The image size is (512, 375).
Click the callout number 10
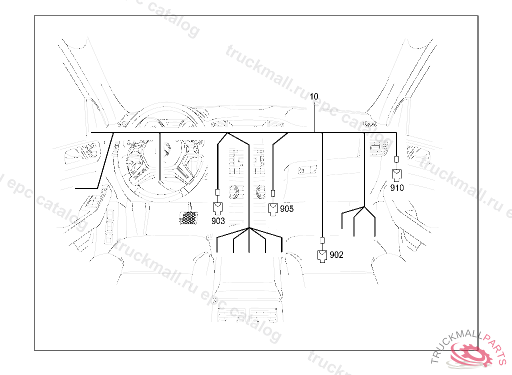(313, 96)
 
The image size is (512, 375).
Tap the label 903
(218, 221)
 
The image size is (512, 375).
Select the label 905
(286, 208)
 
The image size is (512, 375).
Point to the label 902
(336, 255)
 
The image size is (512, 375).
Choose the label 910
(396, 188)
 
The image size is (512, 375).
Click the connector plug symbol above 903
(217, 208)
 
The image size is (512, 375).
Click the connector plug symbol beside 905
(273, 209)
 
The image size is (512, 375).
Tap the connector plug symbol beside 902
(322, 256)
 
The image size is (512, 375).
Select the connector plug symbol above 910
(396, 175)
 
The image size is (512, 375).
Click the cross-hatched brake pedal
(188, 218)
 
